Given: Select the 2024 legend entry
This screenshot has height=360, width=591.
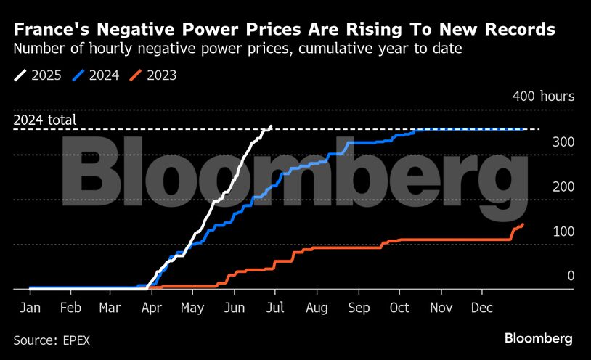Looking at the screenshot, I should (x=97, y=75).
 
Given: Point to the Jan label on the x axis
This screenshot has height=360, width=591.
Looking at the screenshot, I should (x=29, y=308).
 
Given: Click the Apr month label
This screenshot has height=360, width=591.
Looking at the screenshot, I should (x=152, y=308).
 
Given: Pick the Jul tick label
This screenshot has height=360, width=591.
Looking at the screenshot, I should (x=274, y=308).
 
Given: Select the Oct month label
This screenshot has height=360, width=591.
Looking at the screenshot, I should (x=399, y=308).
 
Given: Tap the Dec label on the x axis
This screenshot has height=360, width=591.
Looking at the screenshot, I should (x=481, y=308).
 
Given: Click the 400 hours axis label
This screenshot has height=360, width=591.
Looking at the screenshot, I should (x=543, y=97).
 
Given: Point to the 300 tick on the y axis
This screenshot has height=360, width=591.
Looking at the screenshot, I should (x=563, y=142).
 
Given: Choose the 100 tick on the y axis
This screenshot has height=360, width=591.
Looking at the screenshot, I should (x=563, y=232).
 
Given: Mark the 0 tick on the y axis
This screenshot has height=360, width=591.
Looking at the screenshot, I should (x=571, y=276).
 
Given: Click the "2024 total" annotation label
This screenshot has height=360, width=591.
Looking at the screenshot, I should (x=45, y=121).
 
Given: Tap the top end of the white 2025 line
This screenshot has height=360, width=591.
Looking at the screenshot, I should (x=271, y=126).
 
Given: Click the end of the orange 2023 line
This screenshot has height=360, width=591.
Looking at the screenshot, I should (x=523, y=224).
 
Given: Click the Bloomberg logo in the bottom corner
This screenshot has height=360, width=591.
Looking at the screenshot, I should (x=539, y=338).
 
